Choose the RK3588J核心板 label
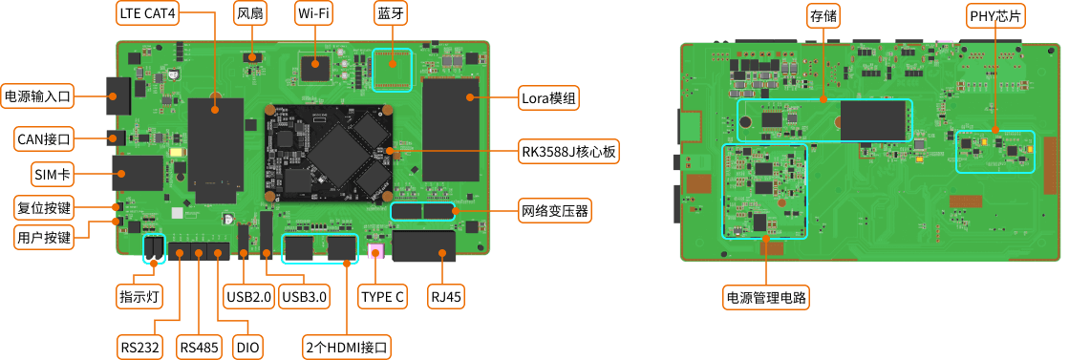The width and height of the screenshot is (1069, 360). click(569, 152)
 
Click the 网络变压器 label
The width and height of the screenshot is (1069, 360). click(554, 209)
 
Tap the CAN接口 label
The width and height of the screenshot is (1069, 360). click(45, 139)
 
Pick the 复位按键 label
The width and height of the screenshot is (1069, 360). click(44, 207)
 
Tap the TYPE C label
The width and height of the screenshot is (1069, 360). click(382, 297)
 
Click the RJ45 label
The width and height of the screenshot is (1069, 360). click(446, 297)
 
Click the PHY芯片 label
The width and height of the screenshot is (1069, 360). click(994, 15)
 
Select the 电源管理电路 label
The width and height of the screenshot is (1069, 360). click(766, 298)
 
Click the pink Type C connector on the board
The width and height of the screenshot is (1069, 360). click(376, 252)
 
